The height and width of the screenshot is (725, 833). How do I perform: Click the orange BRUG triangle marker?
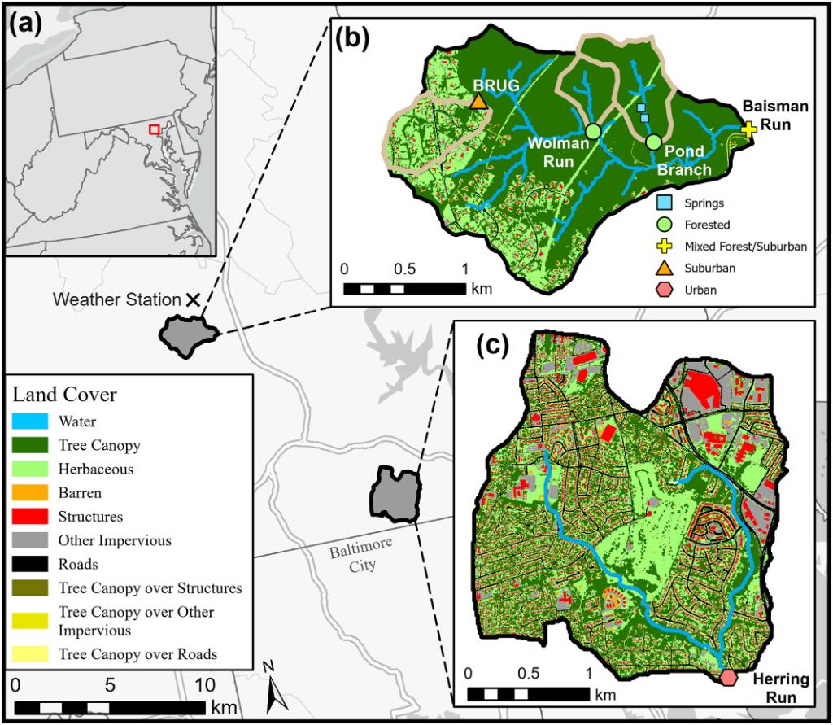(478, 100)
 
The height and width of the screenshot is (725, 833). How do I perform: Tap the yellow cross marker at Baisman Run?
(749, 129)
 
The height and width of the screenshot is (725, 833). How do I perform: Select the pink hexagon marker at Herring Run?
(728, 677)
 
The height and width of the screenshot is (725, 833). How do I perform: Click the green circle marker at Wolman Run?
(592, 131)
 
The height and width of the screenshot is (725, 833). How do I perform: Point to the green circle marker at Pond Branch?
(653, 142)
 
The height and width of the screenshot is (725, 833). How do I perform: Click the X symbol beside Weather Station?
(193, 299)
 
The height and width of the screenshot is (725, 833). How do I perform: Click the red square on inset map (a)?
(154, 129)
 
